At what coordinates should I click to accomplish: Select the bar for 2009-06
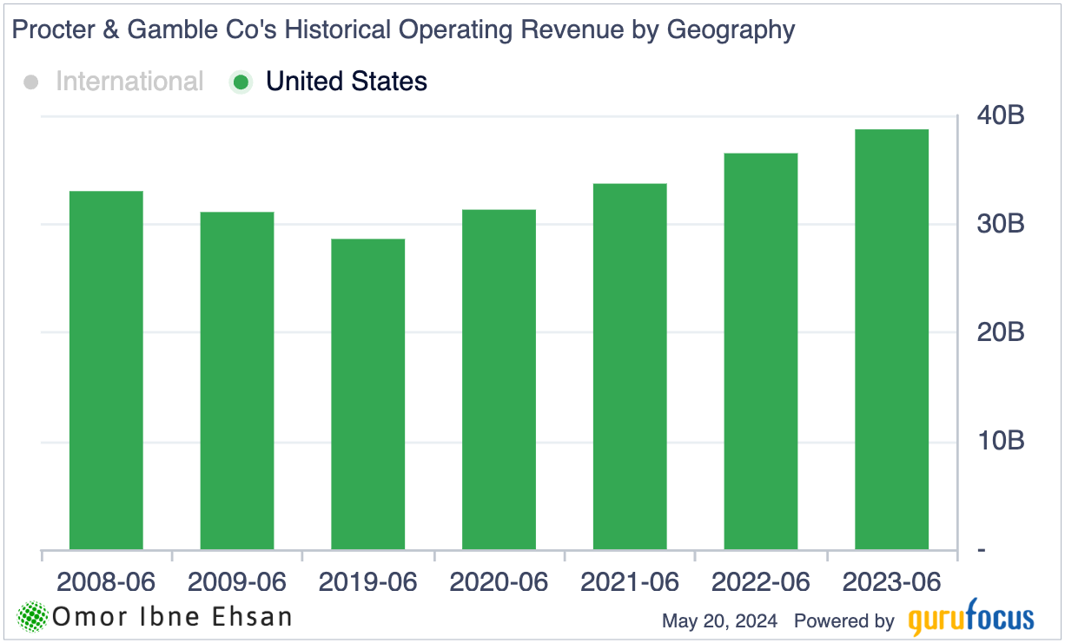237,381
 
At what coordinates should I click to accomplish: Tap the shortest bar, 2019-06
367,394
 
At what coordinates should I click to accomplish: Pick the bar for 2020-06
499,379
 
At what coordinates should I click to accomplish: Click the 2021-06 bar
630,366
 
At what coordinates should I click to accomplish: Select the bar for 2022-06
761,351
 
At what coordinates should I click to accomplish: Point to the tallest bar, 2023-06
891,339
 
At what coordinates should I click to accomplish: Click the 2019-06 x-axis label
367,581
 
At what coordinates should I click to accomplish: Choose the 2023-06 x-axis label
892,581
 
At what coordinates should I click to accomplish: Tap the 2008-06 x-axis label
106,581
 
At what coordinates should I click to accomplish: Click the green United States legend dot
241,82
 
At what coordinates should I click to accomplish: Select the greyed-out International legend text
129,82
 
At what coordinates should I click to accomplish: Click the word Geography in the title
731,30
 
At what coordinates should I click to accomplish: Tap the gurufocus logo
971,619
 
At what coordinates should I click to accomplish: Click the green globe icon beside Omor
33,617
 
